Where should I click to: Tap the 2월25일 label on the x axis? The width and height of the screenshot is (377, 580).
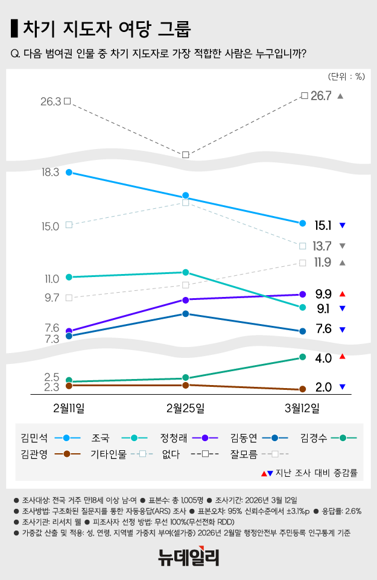pos(186,407)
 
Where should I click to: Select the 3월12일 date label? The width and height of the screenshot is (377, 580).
pos(302,407)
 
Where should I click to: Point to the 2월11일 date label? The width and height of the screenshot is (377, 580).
pos(69,407)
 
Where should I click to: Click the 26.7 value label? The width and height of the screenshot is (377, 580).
pos(321,96)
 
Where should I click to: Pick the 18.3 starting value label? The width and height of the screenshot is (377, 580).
pos(48,173)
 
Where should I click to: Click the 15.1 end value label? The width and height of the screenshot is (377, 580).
pos(323,226)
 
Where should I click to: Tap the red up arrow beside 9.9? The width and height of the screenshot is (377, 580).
pos(342,294)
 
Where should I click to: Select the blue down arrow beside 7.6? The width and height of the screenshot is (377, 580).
pos(342,330)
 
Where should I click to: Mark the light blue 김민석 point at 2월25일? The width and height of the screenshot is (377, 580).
pos(186,196)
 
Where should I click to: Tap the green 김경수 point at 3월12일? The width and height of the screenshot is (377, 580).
pos(302,358)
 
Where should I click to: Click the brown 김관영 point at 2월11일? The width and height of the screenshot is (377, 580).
pos(69,385)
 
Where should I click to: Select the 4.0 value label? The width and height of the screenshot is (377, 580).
pos(323,359)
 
